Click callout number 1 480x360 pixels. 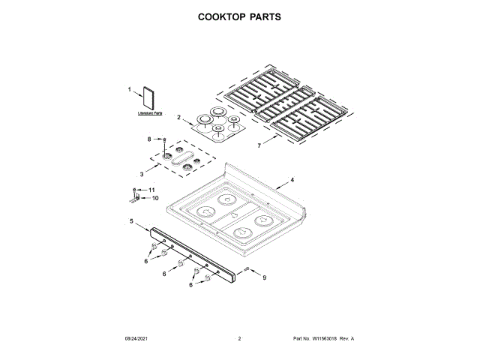coord(129,89)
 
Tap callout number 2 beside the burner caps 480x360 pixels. coord(178,117)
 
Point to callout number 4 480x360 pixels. coord(292,180)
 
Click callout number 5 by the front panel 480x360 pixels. coord(131,221)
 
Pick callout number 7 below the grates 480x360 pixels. coord(260,145)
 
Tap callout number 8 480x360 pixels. coord(149,139)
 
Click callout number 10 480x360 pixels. coord(156,198)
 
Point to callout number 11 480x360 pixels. coord(152,190)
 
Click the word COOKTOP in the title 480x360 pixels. coord(213,16)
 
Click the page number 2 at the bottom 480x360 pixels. coord(239,340)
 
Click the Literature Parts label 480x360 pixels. coord(150,113)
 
